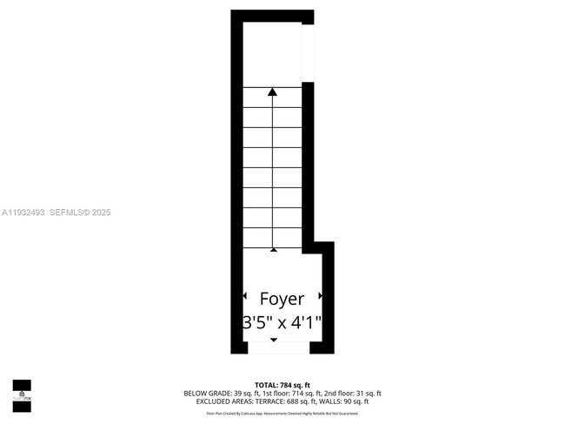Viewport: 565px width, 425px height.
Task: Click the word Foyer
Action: click(x=282, y=299)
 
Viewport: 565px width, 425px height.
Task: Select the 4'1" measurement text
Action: click(x=306, y=322)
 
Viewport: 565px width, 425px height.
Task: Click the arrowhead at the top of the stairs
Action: click(x=274, y=91)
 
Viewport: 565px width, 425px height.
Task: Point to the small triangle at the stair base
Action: click(x=274, y=249)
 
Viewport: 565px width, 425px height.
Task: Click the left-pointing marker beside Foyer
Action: click(x=245, y=297)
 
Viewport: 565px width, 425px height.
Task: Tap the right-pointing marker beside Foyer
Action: click(x=321, y=297)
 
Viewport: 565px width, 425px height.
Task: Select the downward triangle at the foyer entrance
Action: click(x=274, y=340)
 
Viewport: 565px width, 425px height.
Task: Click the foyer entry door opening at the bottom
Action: click(x=278, y=347)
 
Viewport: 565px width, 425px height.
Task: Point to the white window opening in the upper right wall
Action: click(x=307, y=53)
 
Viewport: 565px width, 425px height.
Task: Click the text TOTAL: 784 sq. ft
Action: click(x=282, y=384)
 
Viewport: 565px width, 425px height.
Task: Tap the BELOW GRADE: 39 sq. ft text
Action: click(x=218, y=393)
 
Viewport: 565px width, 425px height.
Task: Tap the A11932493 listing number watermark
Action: click(x=23, y=212)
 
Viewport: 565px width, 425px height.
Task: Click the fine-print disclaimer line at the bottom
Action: click(x=282, y=414)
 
